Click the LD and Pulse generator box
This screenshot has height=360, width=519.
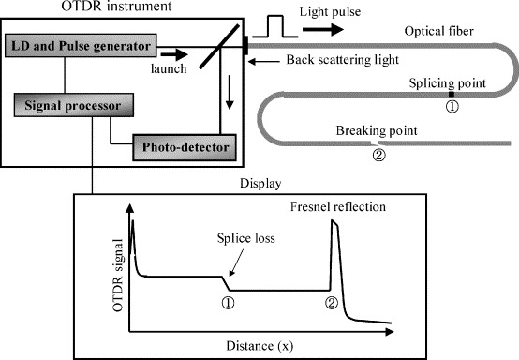(82, 44)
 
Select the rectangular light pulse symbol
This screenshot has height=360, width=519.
(275, 22)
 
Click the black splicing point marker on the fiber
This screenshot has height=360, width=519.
(451, 94)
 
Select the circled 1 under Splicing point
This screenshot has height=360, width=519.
(451, 108)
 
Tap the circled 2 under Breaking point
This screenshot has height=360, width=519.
(378, 156)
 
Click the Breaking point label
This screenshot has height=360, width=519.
(374, 130)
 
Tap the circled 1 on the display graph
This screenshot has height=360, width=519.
(226, 302)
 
